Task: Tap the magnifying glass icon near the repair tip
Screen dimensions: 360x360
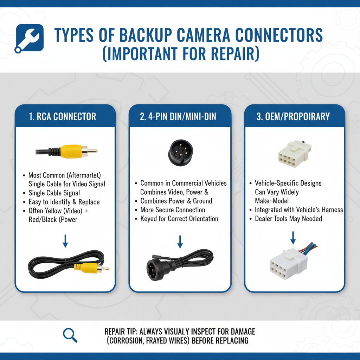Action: [x=70, y=335]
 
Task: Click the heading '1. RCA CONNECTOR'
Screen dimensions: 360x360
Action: [x=63, y=117]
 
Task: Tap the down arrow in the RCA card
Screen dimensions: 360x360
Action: [x=65, y=241]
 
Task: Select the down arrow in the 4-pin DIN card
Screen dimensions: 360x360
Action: [x=180, y=242]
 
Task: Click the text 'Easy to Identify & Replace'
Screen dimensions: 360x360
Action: [x=64, y=202]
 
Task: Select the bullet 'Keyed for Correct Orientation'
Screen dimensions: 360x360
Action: [x=179, y=219]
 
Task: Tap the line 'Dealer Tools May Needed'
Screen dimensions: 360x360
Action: [x=288, y=219]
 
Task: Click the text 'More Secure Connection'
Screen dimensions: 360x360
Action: [x=173, y=210]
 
